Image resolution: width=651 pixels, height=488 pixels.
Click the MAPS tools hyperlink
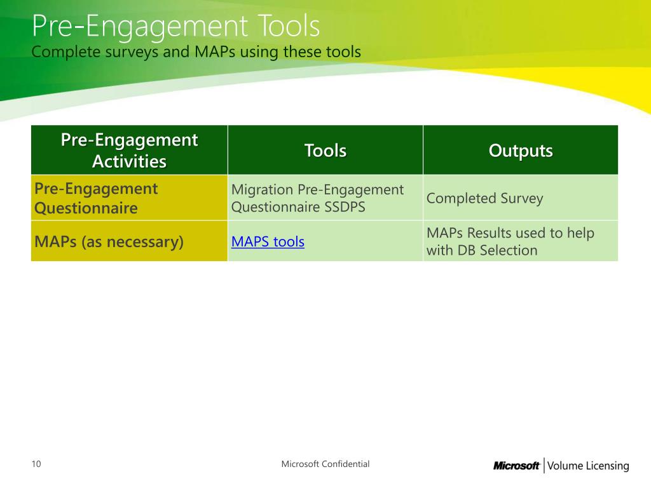[268, 241]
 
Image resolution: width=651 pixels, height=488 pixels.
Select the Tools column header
[325, 150]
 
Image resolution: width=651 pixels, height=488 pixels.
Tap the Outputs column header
[521, 151]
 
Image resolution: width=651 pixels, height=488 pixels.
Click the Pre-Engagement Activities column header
[130, 150]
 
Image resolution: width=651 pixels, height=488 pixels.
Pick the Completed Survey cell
[484, 198]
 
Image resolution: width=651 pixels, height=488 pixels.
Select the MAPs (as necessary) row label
[109, 241]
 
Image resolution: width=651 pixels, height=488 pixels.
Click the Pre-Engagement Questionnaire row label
[96, 198]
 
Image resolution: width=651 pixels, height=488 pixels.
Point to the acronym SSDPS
[345, 207]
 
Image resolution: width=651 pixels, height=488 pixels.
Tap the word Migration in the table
[263, 189]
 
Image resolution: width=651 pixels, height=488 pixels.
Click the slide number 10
[36, 464]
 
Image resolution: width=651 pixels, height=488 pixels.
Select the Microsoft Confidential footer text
[325, 464]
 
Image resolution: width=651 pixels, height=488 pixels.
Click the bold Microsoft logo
[516, 466]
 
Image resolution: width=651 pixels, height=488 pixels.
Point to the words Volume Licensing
[588, 466]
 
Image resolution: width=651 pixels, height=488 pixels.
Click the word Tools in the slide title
[289, 25]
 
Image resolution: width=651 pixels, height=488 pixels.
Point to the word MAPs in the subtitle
[215, 52]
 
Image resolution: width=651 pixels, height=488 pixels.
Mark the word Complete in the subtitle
[66, 52]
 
